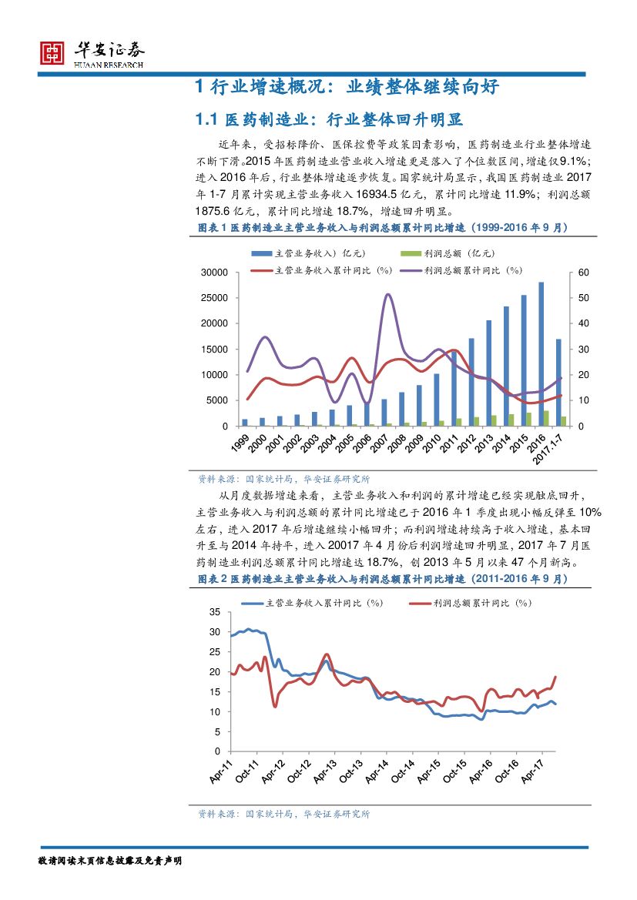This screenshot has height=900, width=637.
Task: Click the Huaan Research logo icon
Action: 52,52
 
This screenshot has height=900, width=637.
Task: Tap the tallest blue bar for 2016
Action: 541,353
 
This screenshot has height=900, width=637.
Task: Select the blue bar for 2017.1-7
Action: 558,382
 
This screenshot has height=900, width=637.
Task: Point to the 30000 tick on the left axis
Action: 213,273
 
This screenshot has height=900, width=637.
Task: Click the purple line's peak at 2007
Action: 387,295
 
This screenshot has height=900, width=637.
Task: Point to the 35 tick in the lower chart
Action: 214,612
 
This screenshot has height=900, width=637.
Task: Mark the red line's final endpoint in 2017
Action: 555,677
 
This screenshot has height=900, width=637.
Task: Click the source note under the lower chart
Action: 283,814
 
